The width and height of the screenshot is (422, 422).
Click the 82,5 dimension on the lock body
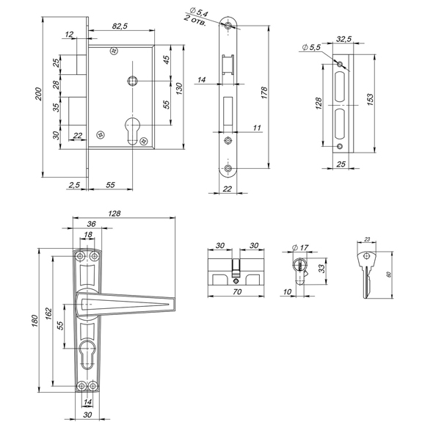(x=120, y=26)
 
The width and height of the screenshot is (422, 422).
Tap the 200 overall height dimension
(x=38, y=94)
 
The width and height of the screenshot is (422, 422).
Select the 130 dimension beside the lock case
(x=179, y=89)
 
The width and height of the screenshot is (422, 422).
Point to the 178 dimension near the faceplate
(x=264, y=92)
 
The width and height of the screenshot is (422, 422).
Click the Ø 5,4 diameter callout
(x=199, y=12)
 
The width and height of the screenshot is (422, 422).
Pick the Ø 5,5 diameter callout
(x=311, y=48)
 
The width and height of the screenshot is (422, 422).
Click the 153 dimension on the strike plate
(x=370, y=100)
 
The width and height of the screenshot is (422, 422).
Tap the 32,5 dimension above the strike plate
(x=343, y=39)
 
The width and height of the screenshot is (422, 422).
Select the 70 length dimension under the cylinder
(x=237, y=291)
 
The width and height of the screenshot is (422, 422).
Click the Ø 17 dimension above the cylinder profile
(x=300, y=247)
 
